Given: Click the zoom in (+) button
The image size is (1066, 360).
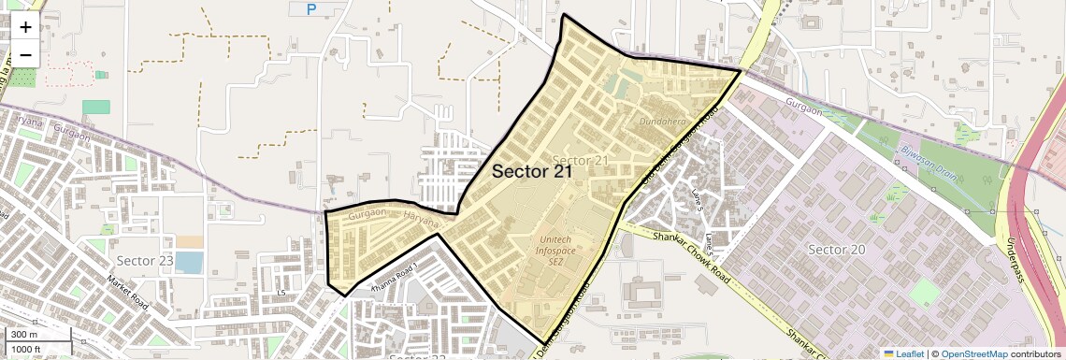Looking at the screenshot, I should tap(25, 27).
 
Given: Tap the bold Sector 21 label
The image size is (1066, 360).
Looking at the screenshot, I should tap(531, 171).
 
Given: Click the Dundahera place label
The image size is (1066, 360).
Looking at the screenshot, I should tap(665, 122).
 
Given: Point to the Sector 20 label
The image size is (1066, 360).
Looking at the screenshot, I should tap(837, 250).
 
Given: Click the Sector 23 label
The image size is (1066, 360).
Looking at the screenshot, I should tap(145, 259).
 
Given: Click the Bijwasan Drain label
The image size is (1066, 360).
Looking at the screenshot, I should tap(926, 153).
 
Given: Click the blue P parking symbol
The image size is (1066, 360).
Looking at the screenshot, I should tap(312, 9).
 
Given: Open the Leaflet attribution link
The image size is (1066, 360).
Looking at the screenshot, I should tap(903, 353).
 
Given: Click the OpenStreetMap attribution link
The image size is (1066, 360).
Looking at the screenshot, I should tap(973, 353).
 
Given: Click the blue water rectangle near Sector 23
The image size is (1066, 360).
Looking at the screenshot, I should tap(188, 263).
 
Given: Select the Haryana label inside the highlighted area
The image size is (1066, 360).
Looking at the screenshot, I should tap(422, 222).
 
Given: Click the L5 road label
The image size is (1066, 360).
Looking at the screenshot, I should tap(280, 294).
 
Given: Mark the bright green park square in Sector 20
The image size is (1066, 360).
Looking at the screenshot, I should tap(924, 293).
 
